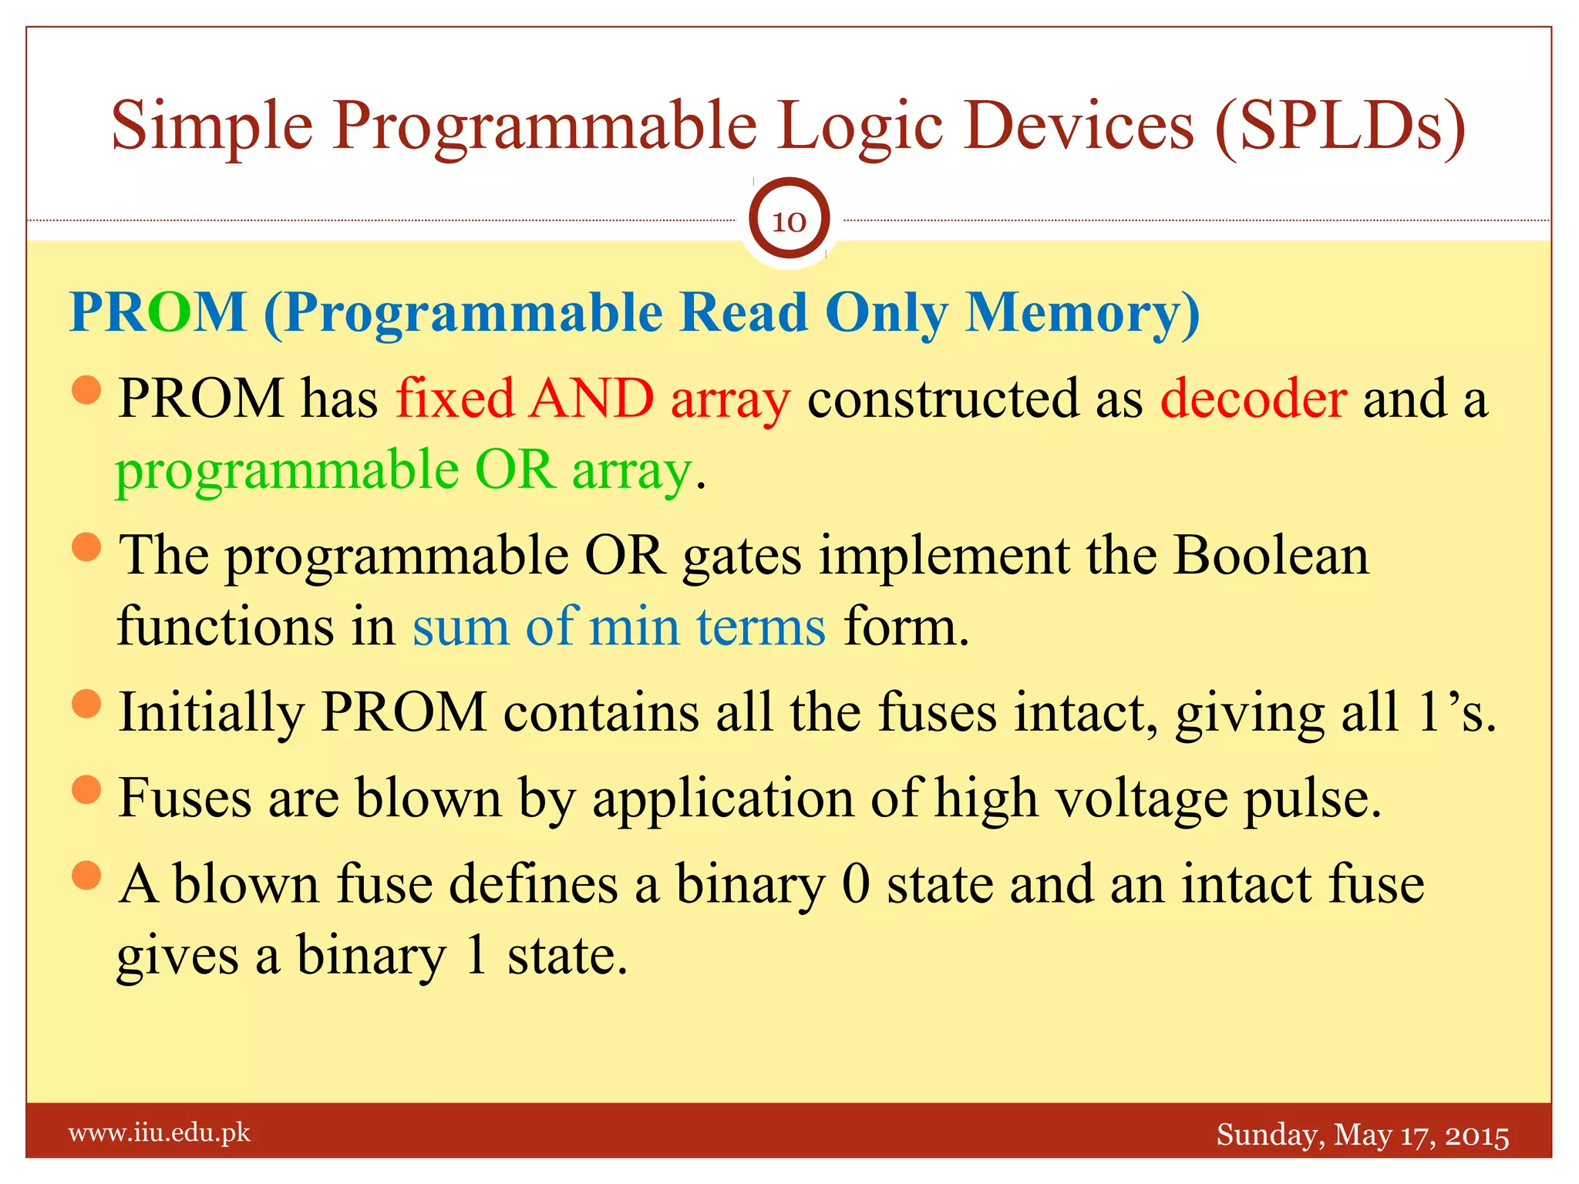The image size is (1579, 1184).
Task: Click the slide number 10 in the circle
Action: click(789, 222)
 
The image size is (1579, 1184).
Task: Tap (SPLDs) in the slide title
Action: click(1340, 126)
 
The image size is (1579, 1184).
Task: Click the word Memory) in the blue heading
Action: click(1082, 314)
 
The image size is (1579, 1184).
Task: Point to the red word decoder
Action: click(1254, 399)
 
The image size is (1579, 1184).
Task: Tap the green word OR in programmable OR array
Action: click(515, 470)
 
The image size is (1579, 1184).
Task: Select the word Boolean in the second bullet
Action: click(1271, 556)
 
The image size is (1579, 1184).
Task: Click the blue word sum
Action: click(460, 627)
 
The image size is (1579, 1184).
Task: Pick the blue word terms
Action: click(762, 627)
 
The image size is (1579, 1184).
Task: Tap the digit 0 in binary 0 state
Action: click(856, 884)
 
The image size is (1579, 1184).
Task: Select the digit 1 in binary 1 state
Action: click(476, 956)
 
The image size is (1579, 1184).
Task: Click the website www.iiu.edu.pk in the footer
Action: click(160, 1133)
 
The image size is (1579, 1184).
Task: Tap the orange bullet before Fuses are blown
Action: click(86, 790)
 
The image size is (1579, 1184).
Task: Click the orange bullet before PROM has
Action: click(86, 390)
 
